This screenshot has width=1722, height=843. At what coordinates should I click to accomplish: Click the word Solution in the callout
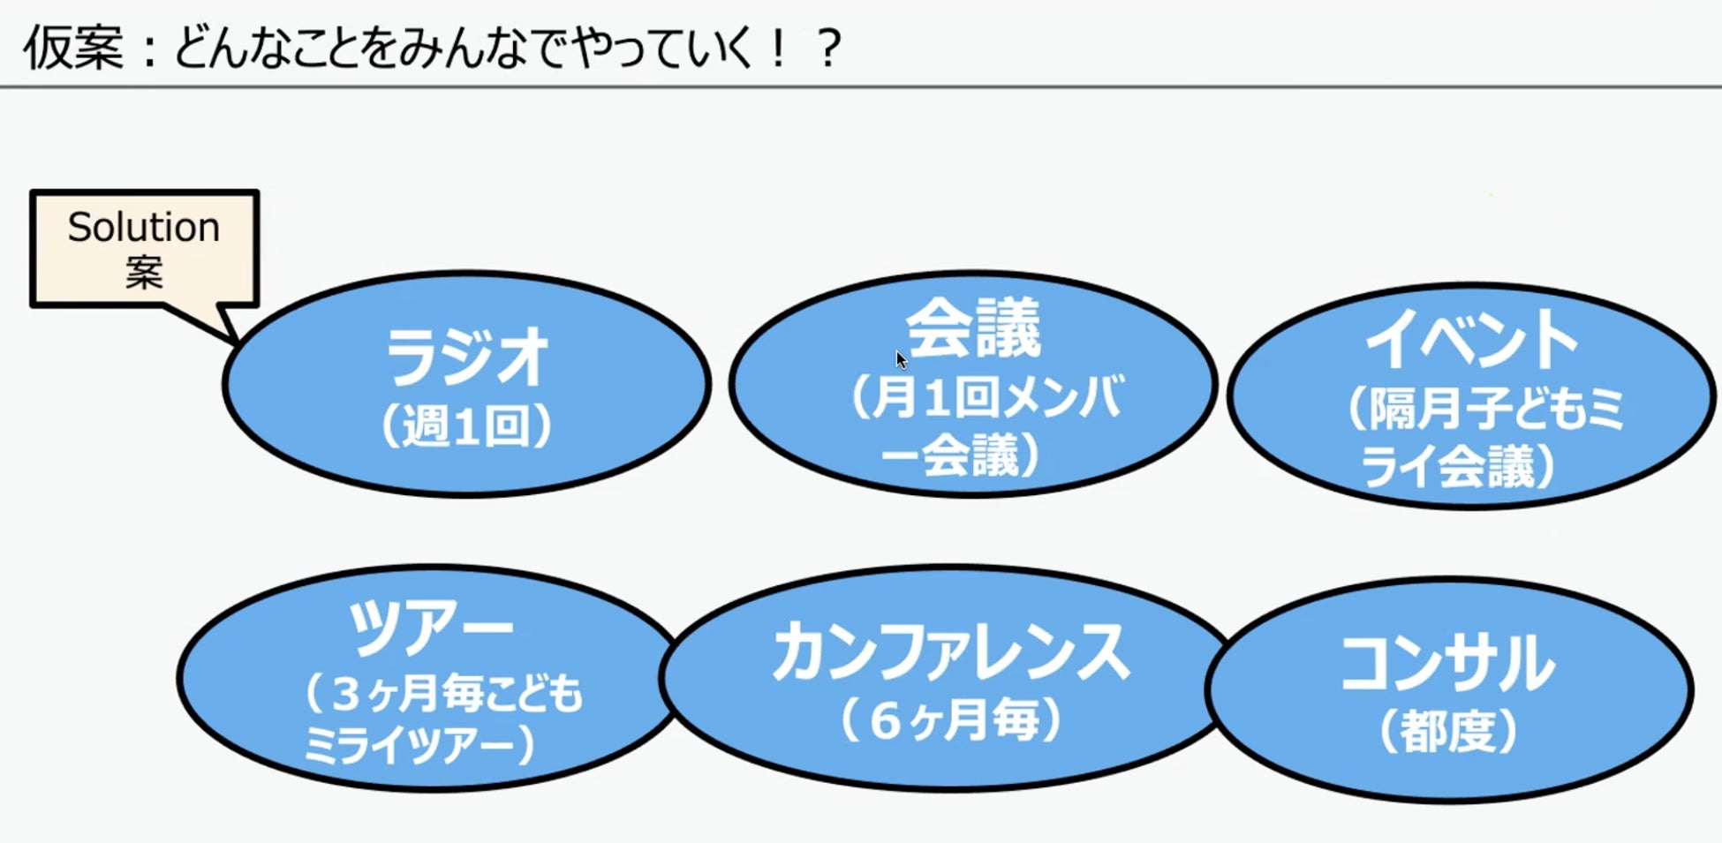pos(143,228)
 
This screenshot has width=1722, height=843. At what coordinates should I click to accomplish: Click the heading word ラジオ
pos(468,358)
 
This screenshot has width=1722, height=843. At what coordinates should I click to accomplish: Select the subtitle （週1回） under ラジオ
pos(466,426)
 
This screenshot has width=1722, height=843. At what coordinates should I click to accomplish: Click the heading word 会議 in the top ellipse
pos(973,328)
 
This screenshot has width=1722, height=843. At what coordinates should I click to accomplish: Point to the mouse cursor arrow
pos(900,358)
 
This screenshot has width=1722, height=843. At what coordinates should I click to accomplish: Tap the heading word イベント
pos(1471,340)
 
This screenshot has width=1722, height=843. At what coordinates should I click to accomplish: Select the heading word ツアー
pos(430,627)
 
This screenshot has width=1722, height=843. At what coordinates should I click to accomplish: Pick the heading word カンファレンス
pos(950,653)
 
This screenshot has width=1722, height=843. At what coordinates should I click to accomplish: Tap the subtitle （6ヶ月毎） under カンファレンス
pos(950,721)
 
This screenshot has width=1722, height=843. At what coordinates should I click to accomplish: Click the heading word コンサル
pos(1447,664)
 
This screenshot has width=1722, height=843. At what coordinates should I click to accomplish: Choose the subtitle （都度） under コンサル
pos(1447,732)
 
